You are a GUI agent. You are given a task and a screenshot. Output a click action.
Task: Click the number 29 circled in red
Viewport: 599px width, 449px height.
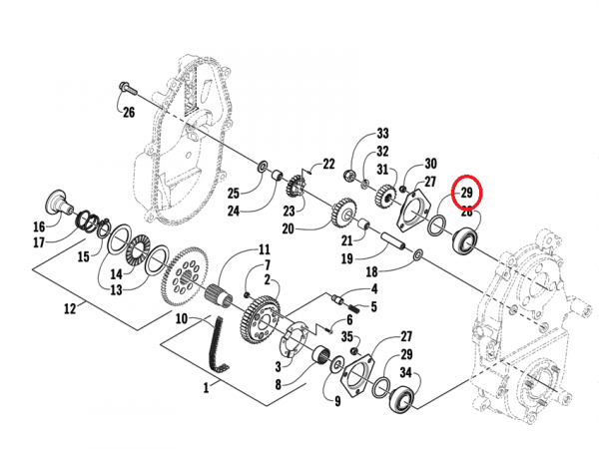tap(465, 193)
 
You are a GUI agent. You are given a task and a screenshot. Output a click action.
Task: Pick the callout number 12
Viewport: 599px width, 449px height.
tap(70, 309)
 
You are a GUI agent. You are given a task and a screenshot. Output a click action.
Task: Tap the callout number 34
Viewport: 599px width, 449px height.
tap(406, 373)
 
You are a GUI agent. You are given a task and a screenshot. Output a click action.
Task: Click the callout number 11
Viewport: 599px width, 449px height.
tap(265, 249)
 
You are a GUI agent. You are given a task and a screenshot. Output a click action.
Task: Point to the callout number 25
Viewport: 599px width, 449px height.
tap(232, 191)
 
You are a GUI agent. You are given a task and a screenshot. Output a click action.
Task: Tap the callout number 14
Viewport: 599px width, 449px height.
tap(117, 273)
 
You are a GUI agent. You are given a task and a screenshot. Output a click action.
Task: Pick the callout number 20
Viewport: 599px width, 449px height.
tap(288, 228)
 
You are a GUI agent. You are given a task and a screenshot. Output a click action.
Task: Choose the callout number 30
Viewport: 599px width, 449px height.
tap(430, 164)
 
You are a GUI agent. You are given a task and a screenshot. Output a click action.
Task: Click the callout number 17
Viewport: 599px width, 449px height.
tap(38, 241)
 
